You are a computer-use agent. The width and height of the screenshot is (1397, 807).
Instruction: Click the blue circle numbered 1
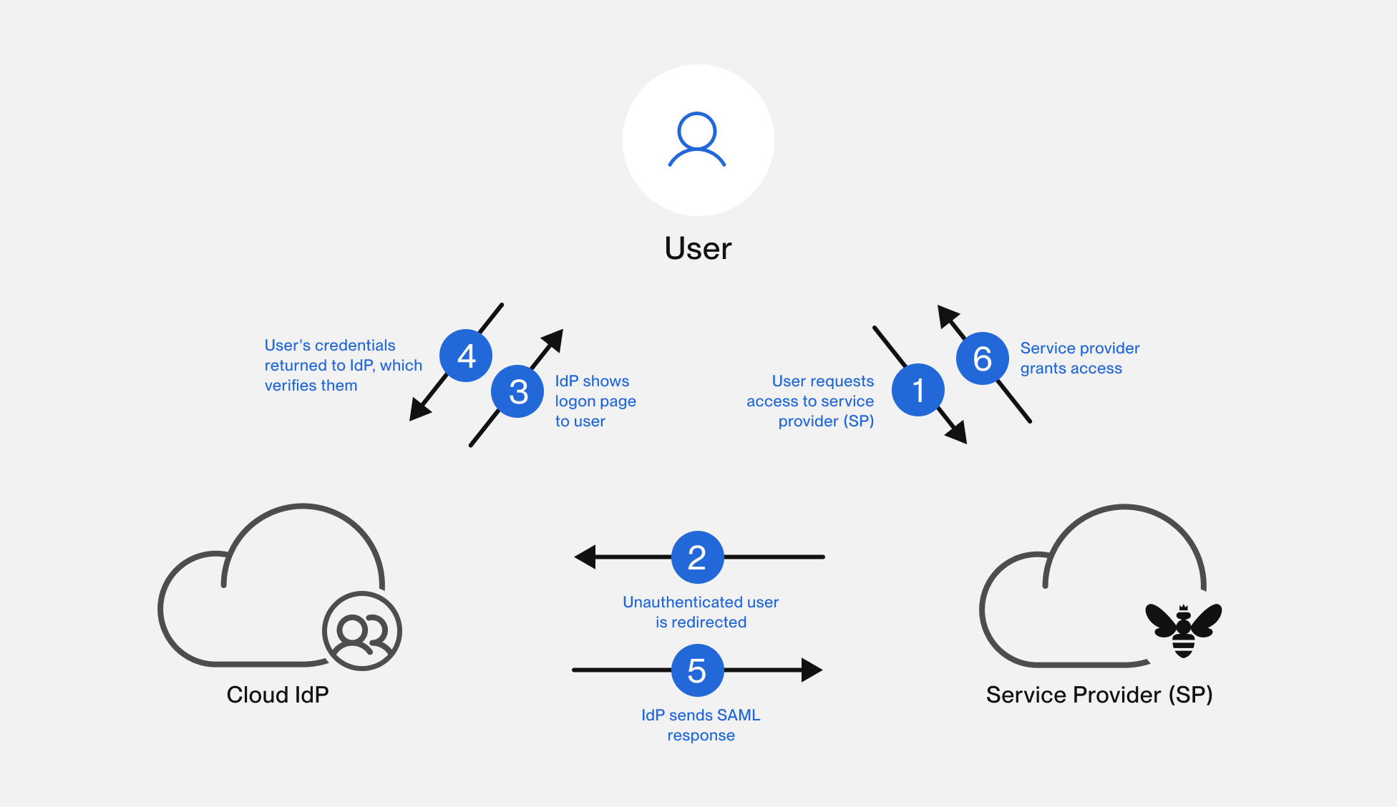[917, 390]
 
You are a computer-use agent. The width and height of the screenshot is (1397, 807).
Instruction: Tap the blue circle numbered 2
[697, 557]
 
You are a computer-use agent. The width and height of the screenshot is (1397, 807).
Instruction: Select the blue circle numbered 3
[517, 391]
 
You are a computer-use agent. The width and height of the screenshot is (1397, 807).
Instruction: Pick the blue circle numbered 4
[466, 356]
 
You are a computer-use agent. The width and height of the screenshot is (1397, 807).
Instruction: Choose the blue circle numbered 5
[697, 670]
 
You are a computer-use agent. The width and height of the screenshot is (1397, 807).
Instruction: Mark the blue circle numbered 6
[983, 358]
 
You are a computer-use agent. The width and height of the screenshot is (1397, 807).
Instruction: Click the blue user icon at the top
[697, 140]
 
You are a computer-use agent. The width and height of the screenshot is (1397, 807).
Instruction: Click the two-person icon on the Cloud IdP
[362, 631]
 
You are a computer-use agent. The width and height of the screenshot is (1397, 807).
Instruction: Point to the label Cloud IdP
[278, 695]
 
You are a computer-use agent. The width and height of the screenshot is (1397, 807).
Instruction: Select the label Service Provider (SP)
[1099, 695]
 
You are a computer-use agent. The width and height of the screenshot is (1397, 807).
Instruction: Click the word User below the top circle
[698, 248]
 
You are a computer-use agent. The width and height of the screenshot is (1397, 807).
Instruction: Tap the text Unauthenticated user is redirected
[701, 612]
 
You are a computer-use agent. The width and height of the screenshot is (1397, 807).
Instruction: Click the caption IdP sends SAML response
[701, 725]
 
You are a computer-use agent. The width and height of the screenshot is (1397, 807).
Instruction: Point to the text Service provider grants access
[1079, 358]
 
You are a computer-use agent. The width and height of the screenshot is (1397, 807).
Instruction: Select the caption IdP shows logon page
[595, 401]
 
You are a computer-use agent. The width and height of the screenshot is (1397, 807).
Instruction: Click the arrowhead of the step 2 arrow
[585, 557]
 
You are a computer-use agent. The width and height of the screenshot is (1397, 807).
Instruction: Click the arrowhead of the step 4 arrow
[418, 411]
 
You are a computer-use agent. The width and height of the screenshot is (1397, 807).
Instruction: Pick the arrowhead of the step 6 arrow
[948, 316]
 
